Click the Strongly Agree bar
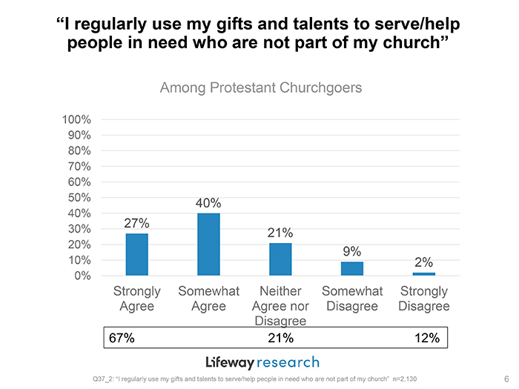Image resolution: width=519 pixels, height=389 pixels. [137, 254]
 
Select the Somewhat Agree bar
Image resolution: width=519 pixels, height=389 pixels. [208, 245]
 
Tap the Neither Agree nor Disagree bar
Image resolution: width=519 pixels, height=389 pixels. [280, 259]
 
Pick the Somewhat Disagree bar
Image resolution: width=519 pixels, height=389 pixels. [352, 268]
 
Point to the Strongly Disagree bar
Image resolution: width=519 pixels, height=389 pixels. [423, 274]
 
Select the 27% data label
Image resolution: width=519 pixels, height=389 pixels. [137, 224]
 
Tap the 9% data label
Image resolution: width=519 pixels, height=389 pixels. [352, 252]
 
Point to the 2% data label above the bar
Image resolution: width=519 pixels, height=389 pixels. [423, 262]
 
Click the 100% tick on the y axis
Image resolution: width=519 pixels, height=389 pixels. [76, 119]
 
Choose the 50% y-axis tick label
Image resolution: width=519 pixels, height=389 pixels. [79, 198]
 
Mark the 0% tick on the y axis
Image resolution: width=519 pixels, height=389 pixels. [82, 276]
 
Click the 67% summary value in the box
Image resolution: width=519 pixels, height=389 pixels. [122, 338]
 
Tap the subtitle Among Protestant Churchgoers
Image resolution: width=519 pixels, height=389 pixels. [261, 88]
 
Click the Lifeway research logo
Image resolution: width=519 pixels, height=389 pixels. [262, 362]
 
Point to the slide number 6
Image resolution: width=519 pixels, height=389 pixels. [505, 378]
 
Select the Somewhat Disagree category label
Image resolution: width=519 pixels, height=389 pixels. [352, 299]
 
